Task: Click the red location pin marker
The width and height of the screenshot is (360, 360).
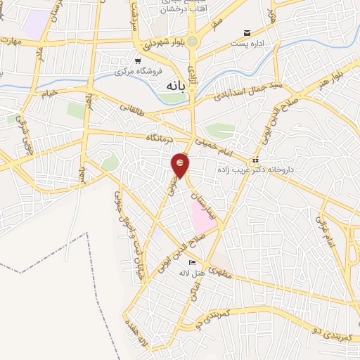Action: coord(181,165)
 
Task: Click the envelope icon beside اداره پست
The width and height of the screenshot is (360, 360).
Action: coord(246,33)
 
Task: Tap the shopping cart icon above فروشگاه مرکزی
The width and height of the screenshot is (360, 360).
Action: coord(137,60)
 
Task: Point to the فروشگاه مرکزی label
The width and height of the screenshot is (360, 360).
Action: coord(139,71)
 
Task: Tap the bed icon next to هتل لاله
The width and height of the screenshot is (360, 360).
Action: coord(193,263)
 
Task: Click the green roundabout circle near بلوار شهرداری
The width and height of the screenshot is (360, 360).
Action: coord(193,41)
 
